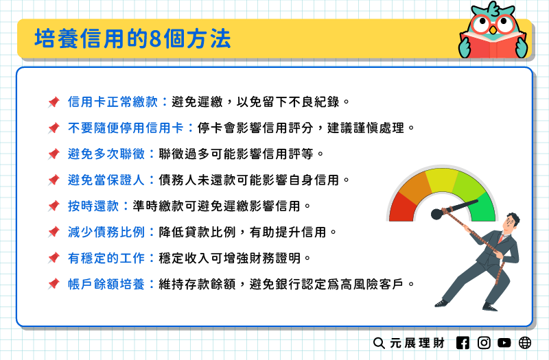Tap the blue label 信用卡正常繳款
point(113,102)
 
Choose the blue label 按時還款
point(93,206)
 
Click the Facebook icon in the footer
point(463,342)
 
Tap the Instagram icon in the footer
point(484,342)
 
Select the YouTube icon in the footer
point(505,342)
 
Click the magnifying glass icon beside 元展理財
point(379,342)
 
